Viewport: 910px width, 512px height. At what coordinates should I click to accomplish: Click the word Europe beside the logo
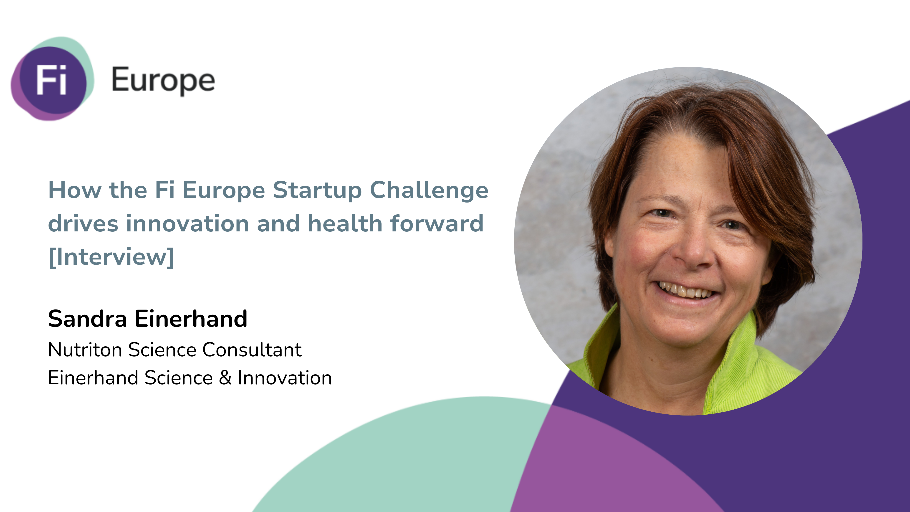(163, 81)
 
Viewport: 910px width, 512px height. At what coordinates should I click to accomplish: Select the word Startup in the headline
(317, 191)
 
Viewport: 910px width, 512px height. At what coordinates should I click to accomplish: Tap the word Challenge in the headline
(429, 191)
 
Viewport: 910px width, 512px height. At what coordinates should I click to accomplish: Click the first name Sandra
(87, 319)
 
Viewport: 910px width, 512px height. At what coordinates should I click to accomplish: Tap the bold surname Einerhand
(191, 319)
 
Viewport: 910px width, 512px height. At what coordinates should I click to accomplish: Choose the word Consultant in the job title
(252, 350)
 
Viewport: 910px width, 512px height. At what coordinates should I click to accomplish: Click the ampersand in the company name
(225, 378)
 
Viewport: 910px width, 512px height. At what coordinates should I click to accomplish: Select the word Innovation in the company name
(285, 378)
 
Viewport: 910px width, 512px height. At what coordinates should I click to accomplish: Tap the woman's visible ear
(608, 246)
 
